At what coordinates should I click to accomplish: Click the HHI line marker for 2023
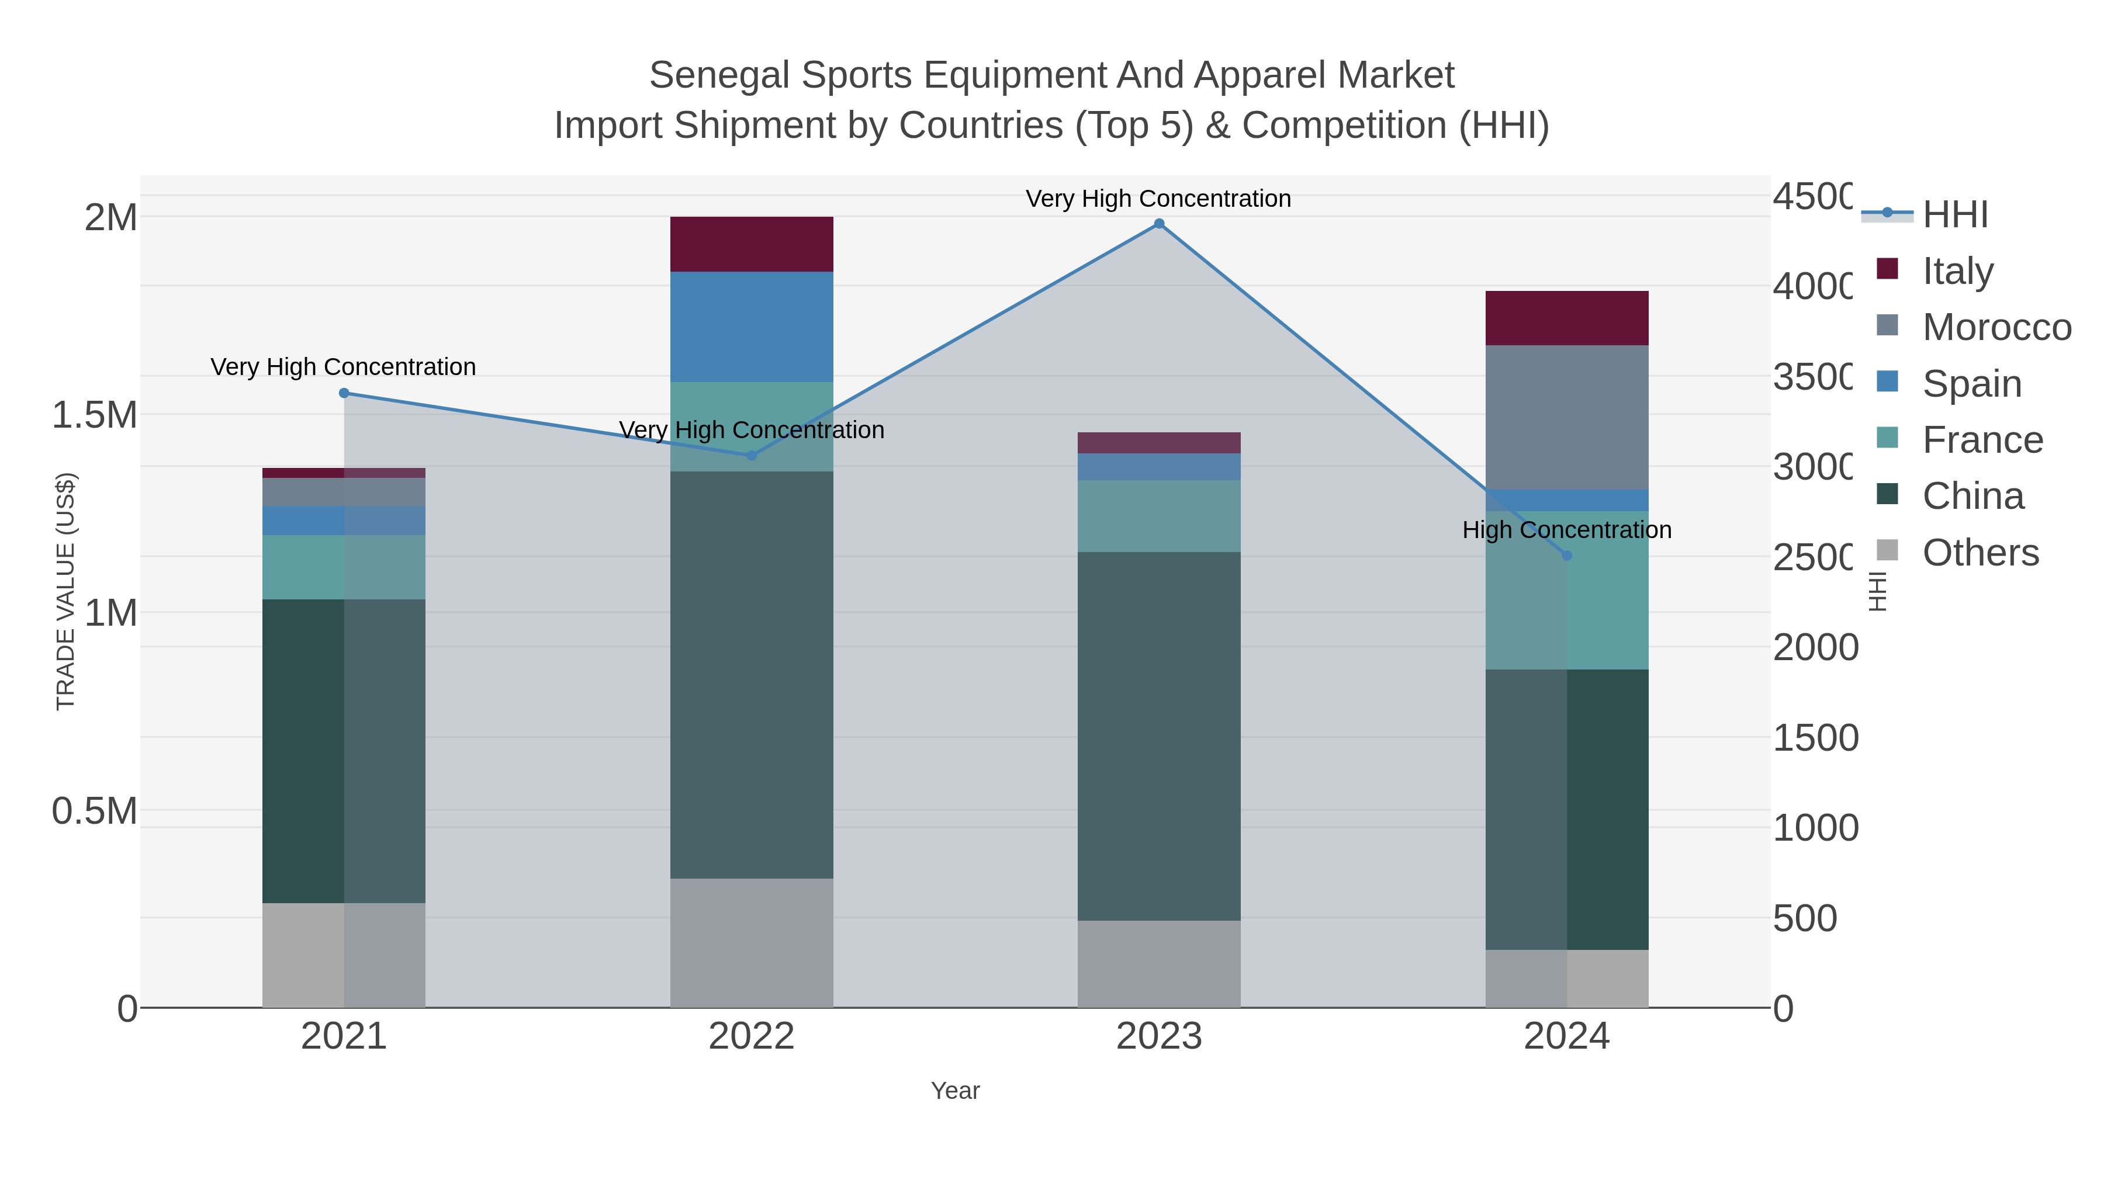[1158, 224]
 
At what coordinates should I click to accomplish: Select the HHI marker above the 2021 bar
[344, 393]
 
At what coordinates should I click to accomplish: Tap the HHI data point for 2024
[1566, 555]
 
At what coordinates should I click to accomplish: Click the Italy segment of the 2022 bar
[752, 244]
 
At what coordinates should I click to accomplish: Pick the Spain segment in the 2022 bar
[752, 327]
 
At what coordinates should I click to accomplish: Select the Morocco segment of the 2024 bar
[1566, 417]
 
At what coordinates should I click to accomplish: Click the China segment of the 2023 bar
[1158, 735]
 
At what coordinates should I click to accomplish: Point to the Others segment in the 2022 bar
[752, 942]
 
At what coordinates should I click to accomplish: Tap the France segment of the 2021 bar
[344, 567]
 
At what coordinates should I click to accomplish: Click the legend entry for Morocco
[1996, 327]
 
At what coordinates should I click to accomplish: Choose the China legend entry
[1972, 497]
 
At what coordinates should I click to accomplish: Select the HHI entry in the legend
[1954, 215]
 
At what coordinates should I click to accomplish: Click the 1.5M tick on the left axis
[95, 415]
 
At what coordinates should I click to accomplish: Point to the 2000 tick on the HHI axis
[1815, 647]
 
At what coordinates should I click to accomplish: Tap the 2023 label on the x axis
[1158, 1037]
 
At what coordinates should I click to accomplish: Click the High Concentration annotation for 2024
[1566, 530]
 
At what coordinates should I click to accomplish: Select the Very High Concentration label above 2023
[1158, 199]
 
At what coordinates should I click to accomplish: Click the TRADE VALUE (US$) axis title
[65, 591]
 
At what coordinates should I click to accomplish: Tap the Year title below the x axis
[955, 1091]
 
